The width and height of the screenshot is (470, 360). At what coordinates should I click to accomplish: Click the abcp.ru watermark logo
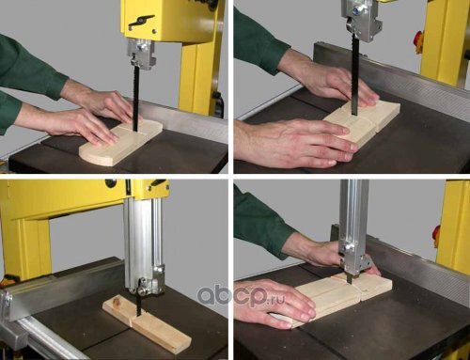pos(242,295)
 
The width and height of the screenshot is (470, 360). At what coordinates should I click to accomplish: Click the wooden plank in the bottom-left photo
pos(147,322)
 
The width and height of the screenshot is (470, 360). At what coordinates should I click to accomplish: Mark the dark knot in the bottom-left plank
pos(117,302)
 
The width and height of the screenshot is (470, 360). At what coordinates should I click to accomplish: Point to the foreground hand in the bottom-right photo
pos(274,303)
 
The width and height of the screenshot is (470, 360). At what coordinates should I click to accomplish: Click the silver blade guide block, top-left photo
pos(141,54)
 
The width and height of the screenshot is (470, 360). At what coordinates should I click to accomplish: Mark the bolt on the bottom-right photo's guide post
pos(346,248)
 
